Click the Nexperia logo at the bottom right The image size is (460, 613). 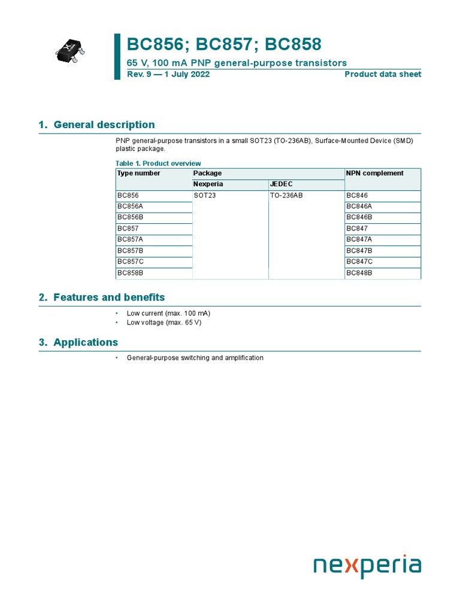click(367, 565)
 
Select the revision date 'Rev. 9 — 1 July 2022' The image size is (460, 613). click(168, 74)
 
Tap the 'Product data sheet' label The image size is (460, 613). click(383, 74)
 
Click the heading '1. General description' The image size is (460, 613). click(96, 125)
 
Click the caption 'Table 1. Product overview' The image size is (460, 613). click(158, 163)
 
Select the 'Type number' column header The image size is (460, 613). click(139, 173)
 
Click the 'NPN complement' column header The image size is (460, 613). click(375, 173)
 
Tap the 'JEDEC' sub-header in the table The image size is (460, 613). click(282, 184)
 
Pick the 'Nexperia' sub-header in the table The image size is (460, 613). click(208, 184)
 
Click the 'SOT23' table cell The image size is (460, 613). click(204, 195)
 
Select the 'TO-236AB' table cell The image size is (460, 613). click(286, 195)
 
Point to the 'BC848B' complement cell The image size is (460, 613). click(359, 273)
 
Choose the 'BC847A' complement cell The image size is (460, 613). click(359, 239)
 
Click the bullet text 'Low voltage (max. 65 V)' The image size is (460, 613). click(164, 323)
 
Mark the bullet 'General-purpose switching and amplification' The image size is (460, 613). click(195, 358)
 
